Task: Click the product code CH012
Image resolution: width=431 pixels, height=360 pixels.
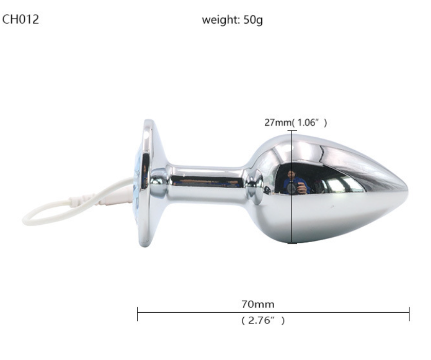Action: pos(21,20)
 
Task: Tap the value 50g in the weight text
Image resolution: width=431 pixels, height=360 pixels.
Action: pos(253,21)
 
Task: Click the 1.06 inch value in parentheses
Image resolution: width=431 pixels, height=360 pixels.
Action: pos(309,122)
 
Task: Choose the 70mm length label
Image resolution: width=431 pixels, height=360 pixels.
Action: pos(258,304)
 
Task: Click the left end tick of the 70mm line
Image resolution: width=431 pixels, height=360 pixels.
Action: pos(138,314)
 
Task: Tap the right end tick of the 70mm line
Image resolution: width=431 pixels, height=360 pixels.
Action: pos(409,314)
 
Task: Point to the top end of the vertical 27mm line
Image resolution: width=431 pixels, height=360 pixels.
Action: pos(292,131)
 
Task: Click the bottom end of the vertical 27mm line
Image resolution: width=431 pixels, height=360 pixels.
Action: pos(292,243)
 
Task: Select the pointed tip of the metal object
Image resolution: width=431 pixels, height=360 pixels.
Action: pos(406,188)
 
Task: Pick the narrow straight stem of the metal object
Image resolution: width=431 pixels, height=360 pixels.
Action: pos(206,180)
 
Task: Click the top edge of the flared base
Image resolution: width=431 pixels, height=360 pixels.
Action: pos(149,122)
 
